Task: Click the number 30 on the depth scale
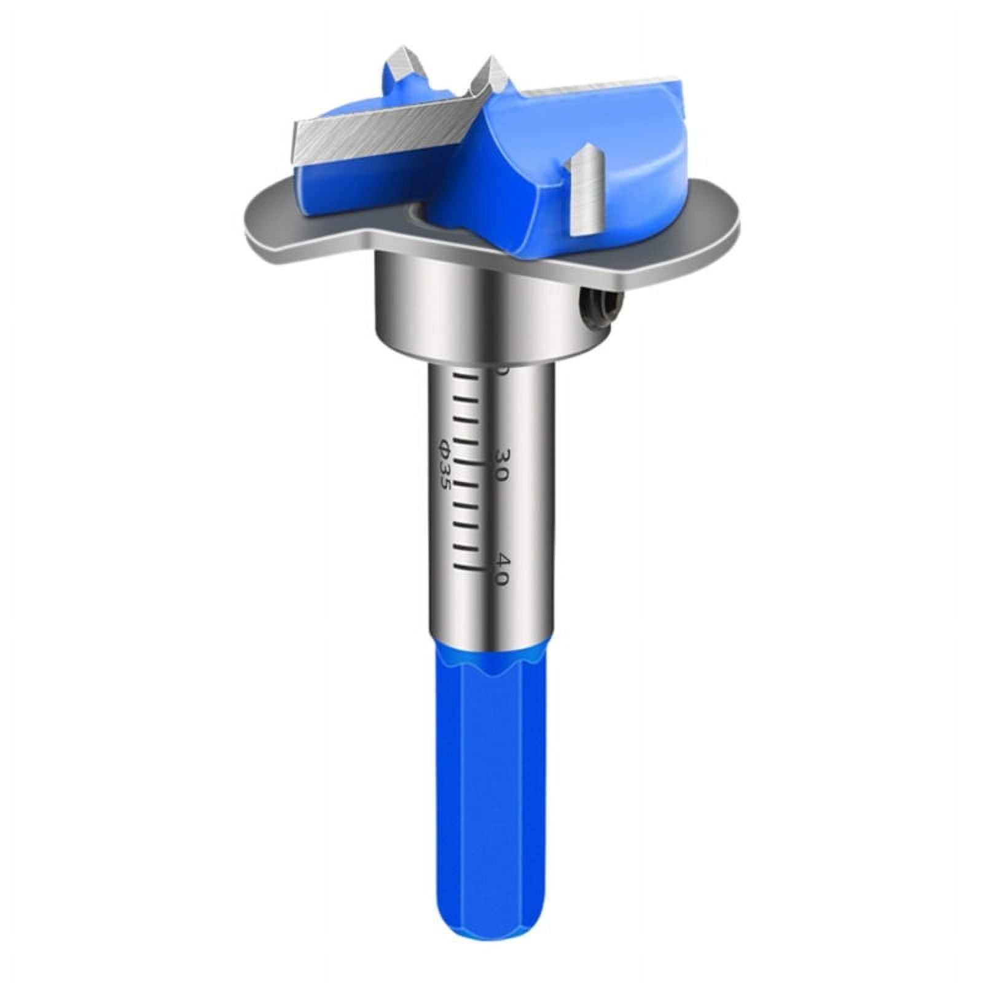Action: tap(501, 466)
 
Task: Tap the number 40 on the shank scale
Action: tap(501, 570)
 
